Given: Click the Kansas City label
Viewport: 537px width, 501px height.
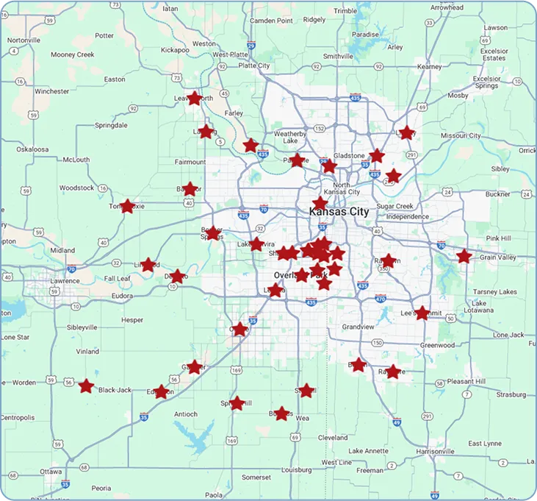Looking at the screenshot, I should click(x=339, y=212).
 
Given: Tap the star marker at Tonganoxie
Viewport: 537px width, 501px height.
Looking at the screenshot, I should click(x=128, y=206).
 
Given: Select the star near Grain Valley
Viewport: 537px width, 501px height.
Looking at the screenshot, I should click(x=464, y=256).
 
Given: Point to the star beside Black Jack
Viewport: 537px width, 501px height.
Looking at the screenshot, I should click(x=87, y=385).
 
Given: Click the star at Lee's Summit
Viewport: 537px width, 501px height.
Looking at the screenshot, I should click(x=422, y=313).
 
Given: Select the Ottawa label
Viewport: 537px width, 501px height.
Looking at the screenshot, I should click(x=51, y=471).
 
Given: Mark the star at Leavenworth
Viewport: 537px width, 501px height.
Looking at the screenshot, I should click(x=194, y=98).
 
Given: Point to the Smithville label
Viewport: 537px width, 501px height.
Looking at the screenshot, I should click(x=338, y=56).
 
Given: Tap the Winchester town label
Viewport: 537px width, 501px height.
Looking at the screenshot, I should click(x=51, y=92).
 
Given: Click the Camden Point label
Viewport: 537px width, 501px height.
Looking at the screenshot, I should click(x=271, y=21).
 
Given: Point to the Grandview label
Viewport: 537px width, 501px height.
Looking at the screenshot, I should click(x=358, y=326).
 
